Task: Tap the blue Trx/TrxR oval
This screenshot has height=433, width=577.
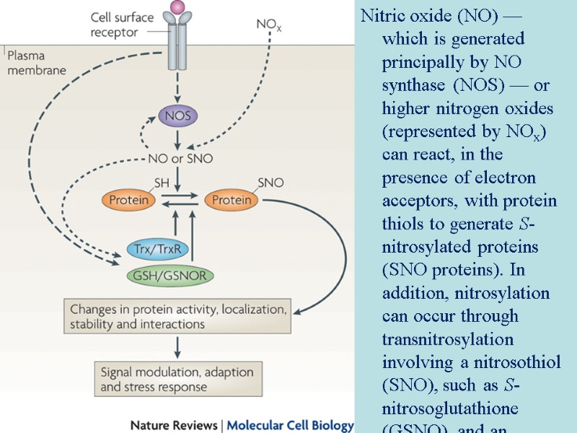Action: [x=157, y=250]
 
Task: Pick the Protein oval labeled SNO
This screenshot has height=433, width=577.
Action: [x=232, y=200]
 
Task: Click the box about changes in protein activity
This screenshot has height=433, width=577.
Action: [x=177, y=317]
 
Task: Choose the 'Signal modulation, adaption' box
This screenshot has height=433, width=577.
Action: [x=177, y=380]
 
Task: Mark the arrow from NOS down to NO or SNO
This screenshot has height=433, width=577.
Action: [x=177, y=138]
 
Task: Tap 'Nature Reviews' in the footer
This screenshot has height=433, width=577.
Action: [x=172, y=425]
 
